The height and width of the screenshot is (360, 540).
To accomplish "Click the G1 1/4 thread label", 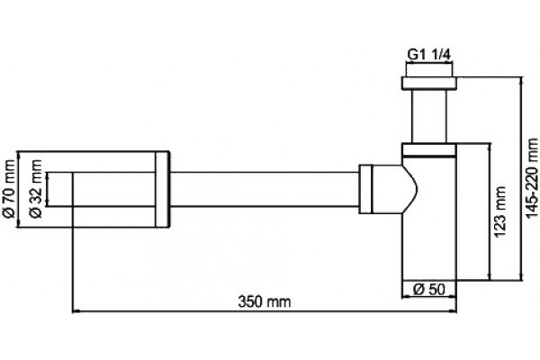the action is point(428,54).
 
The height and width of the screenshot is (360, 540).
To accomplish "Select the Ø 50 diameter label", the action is point(428,290).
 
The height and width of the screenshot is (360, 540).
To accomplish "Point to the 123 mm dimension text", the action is point(500,211).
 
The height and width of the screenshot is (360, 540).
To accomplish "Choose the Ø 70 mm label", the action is point(10,189).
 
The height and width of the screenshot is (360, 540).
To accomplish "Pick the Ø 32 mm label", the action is point(36,189).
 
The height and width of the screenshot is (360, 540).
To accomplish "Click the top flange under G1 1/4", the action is point(429,84).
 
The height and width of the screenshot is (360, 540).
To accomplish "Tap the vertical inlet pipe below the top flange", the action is point(429,116).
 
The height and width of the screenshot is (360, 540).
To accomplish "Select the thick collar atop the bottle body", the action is point(429,150).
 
